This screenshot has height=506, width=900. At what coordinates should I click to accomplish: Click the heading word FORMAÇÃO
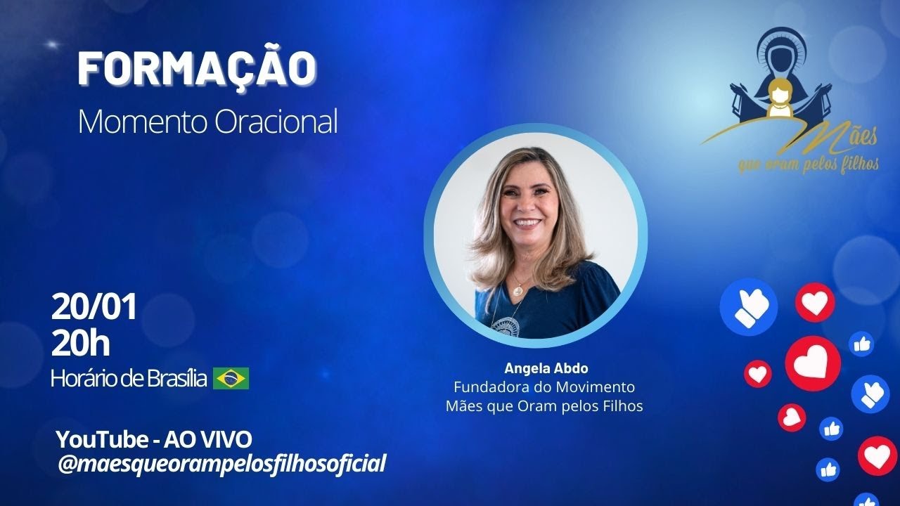(x=197, y=69)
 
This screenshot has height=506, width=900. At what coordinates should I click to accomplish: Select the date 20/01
(x=94, y=307)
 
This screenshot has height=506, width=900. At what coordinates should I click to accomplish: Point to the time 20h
(x=80, y=344)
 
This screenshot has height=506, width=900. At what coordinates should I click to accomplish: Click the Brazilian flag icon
(x=231, y=379)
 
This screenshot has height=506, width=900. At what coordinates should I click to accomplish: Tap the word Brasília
(x=177, y=379)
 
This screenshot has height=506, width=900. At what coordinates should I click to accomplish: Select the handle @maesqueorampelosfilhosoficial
(x=221, y=464)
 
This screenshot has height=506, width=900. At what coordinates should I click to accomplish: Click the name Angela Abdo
(x=546, y=368)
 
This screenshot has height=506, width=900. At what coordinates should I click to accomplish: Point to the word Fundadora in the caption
(x=487, y=387)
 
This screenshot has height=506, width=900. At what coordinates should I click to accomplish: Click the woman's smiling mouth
(x=527, y=223)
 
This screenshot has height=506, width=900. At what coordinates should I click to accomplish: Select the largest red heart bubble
(x=813, y=363)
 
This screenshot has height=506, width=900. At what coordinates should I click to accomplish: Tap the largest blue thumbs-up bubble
(x=748, y=307)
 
